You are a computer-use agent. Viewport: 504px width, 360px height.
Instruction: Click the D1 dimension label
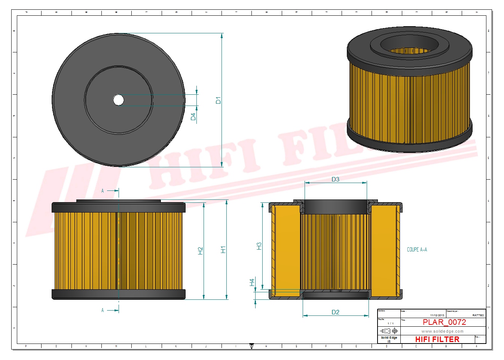tap(218, 100)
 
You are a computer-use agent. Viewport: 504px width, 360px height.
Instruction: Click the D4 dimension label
tap(193, 117)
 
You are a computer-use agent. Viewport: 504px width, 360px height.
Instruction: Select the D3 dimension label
tap(335, 179)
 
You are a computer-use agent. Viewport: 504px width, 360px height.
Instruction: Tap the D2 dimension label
tap(335, 312)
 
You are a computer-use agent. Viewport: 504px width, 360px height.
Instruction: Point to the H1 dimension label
tap(223, 250)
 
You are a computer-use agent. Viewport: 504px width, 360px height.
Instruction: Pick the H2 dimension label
tap(200, 251)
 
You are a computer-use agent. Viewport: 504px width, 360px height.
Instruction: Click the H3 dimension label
tap(259, 246)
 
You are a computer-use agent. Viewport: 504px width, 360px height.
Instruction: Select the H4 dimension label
tap(252, 282)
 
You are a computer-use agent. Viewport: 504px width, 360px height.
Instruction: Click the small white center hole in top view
tap(119, 100)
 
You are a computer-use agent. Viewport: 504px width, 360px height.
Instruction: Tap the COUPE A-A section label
tap(417, 250)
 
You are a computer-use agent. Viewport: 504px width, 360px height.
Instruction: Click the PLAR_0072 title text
tap(444, 322)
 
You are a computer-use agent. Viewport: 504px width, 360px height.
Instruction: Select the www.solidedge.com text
tap(442, 331)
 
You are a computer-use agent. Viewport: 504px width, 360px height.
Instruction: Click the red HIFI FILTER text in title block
tap(437, 339)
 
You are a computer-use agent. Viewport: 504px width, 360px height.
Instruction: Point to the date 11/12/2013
tap(437, 315)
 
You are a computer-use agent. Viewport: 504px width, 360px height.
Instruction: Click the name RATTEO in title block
tap(478, 315)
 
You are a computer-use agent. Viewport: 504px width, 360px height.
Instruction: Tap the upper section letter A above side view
tap(103, 191)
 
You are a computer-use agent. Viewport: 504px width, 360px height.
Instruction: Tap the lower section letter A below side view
tap(103, 310)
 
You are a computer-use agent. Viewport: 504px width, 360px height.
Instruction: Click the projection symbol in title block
tap(389, 331)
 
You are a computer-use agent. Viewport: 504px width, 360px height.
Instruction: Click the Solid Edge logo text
tap(389, 338)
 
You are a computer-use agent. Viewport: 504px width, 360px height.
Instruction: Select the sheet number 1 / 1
tap(390, 323)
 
